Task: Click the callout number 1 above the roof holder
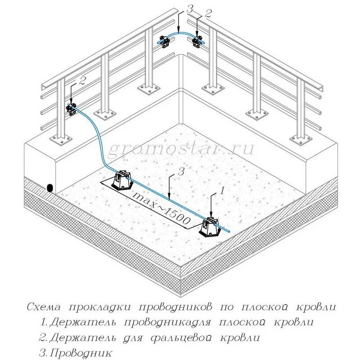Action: [221, 191]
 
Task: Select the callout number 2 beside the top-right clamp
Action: [207, 13]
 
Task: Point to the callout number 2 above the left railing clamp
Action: [81, 81]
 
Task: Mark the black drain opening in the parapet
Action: [49, 187]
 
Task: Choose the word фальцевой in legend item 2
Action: [185, 337]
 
